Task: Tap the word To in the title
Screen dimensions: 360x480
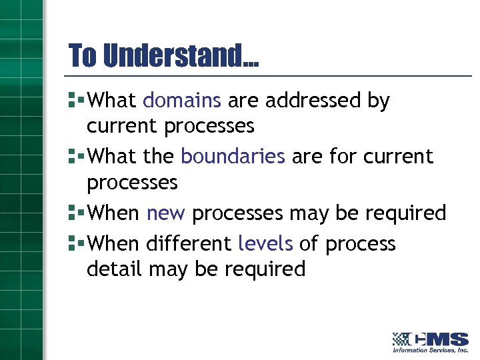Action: point(83,55)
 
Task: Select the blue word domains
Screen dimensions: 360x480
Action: point(181,101)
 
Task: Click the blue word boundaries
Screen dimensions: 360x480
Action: point(233,156)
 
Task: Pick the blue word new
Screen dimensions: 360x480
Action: point(166,213)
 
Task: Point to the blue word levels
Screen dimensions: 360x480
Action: point(265,244)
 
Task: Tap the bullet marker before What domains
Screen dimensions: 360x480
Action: point(75,101)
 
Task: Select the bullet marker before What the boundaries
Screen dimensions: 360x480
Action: point(75,157)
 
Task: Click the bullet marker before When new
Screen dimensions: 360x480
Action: point(75,213)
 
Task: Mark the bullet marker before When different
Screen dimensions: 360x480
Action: point(75,244)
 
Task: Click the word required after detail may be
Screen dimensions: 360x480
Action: point(265,270)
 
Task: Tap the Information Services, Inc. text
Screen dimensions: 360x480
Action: point(431,350)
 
